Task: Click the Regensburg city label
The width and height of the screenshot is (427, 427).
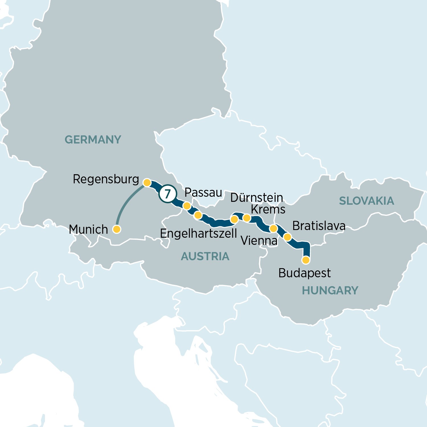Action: coord(106,179)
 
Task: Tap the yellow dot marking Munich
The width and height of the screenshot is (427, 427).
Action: coord(117,229)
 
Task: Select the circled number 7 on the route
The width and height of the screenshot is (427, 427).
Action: coord(168,194)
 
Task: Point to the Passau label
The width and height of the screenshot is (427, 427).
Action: coord(203,193)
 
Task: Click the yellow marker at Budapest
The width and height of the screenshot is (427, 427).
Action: coord(306,260)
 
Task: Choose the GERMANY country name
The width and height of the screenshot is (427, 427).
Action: coord(93,140)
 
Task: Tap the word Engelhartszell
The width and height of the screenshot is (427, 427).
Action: coord(198,234)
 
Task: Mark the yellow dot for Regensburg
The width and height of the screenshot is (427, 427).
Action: coord(147,182)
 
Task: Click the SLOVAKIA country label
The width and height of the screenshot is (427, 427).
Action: coord(366,201)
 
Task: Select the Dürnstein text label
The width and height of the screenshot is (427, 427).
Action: coord(256,198)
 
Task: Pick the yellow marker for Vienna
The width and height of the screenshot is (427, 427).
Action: coord(273,228)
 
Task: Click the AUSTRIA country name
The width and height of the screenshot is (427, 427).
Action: coord(205,256)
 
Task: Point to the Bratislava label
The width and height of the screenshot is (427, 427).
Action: coord(319,226)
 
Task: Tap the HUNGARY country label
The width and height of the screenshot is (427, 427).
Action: coord(330,291)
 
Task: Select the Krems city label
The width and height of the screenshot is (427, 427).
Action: coord(268,210)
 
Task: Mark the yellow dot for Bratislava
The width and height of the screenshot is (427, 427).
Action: coord(288,237)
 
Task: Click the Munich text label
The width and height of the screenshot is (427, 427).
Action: coord(88,229)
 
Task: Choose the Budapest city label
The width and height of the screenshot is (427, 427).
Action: coord(304,273)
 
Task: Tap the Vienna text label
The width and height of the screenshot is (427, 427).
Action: coord(259,241)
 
